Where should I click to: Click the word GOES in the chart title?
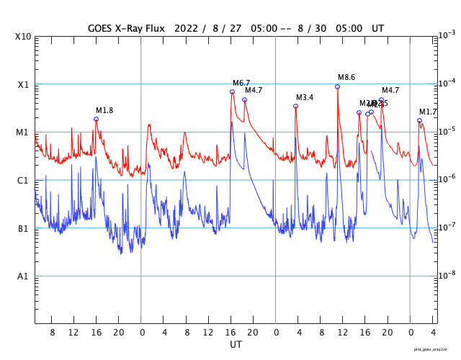(102, 29)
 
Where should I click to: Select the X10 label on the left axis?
(23, 36)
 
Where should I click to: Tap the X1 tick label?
(23, 84)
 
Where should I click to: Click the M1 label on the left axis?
(23, 132)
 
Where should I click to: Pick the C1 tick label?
(23, 180)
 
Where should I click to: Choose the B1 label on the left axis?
(23, 228)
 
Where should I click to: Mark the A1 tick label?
(23, 276)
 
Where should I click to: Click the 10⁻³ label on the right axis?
(447, 35)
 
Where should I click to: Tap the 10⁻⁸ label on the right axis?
(447, 275)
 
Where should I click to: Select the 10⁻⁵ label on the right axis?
(447, 130)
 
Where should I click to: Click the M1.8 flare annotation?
(104, 110)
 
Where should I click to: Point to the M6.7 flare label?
(241, 83)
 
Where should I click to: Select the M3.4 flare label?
(305, 97)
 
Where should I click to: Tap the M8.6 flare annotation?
(346, 77)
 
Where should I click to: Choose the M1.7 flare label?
(428, 112)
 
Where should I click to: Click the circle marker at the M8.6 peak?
(337, 86)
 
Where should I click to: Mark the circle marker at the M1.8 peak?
(96, 119)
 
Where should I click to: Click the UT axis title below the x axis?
(236, 345)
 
